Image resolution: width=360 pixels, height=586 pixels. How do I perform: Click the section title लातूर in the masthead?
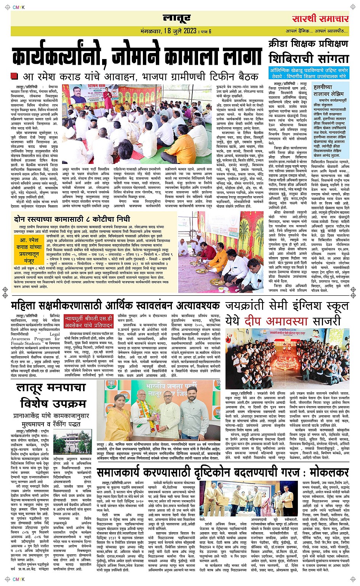tap(176, 18)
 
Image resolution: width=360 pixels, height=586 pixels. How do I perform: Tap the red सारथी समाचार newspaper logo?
tap(320, 19)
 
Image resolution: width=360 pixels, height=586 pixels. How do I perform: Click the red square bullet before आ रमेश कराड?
tap(14, 76)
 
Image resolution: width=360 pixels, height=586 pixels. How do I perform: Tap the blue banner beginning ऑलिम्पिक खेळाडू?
tap(309, 73)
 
